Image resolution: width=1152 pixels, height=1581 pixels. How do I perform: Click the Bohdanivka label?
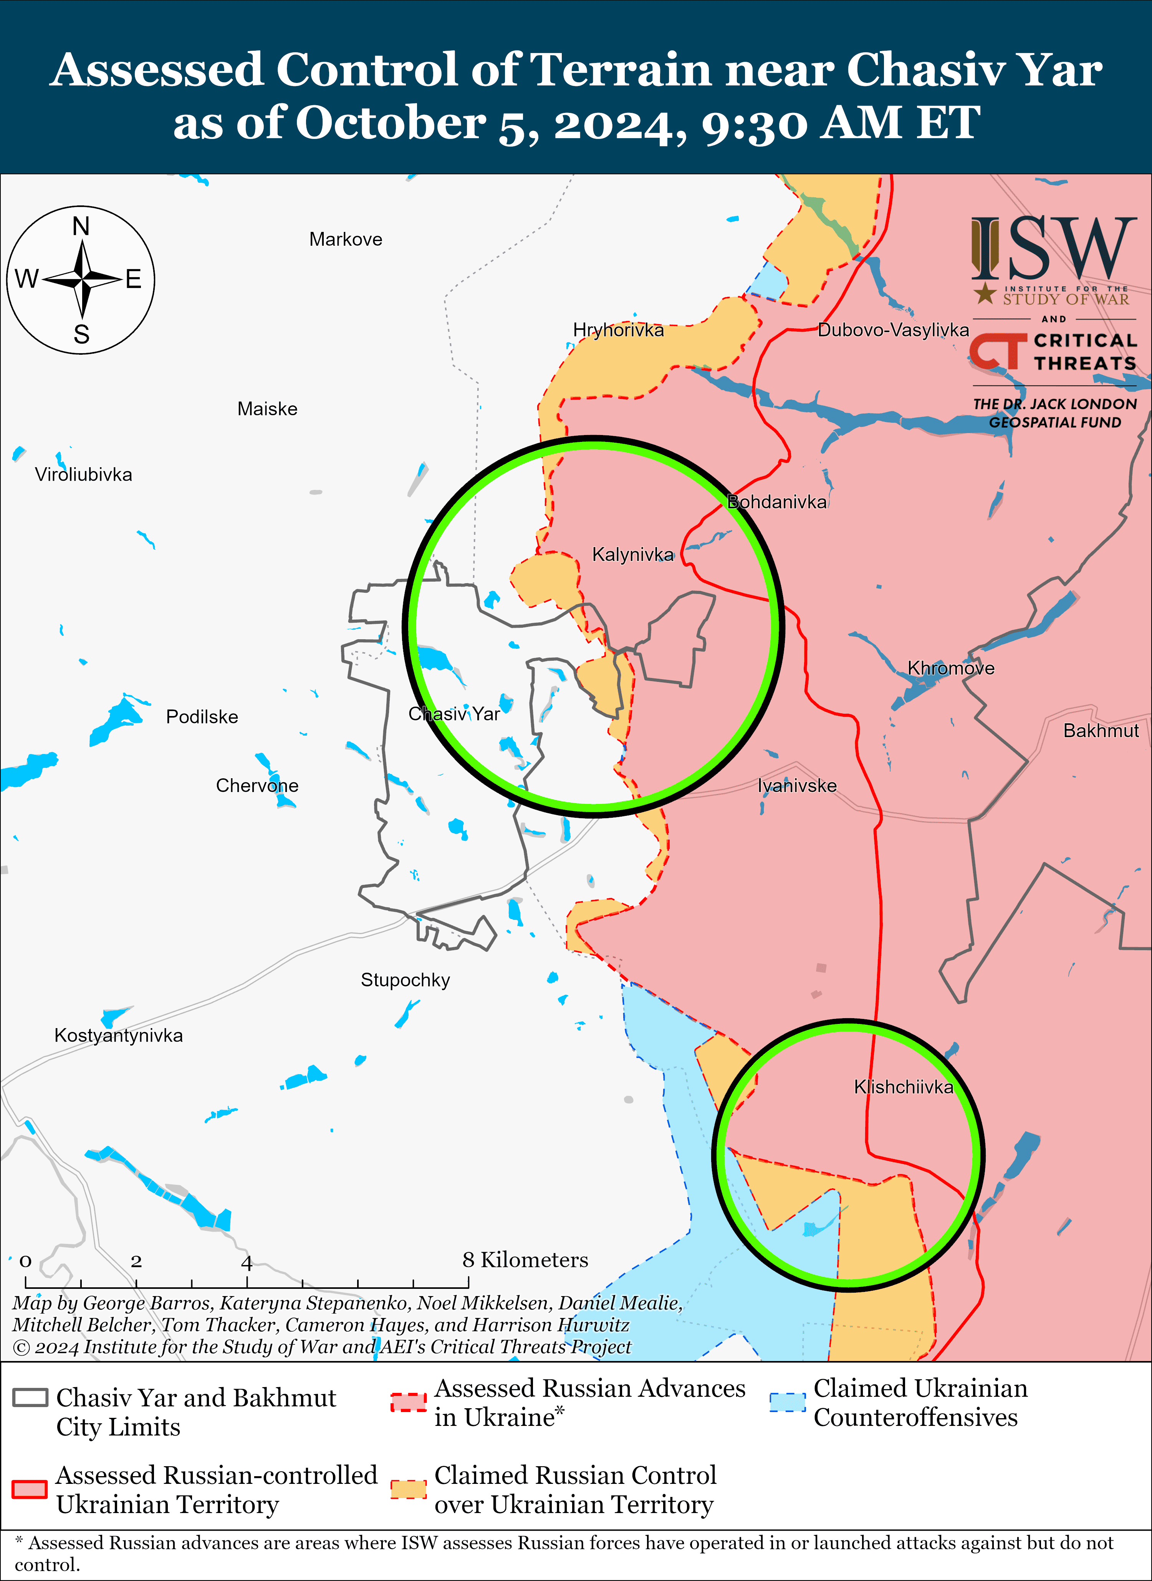tap(777, 502)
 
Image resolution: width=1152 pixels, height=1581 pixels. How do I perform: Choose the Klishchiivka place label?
tap(903, 1087)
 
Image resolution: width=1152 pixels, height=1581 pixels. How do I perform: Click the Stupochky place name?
tap(405, 980)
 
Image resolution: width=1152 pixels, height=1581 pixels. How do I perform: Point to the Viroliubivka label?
tap(84, 475)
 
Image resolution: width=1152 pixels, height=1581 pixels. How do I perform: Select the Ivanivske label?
tap(797, 786)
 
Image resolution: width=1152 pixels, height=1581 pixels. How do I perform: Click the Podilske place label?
tap(202, 717)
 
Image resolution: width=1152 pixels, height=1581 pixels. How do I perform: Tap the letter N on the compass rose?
tap(81, 227)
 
